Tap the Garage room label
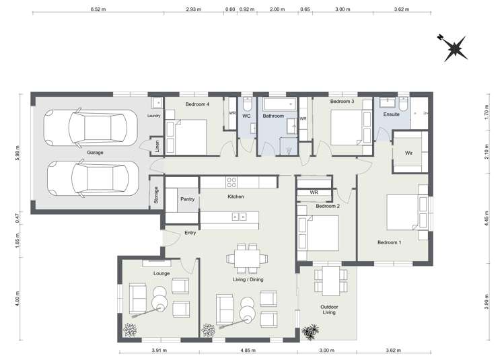click(x=95, y=153)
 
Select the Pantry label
click(x=187, y=199)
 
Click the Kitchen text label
click(x=236, y=196)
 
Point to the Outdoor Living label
click(x=328, y=310)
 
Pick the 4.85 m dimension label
click(x=248, y=351)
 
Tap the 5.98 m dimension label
click(x=15, y=149)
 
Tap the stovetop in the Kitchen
click(x=232, y=181)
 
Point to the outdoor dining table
click(x=329, y=277)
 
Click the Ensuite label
click(x=391, y=115)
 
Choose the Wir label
click(x=408, y=153)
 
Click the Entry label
click(x=190, y=233)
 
